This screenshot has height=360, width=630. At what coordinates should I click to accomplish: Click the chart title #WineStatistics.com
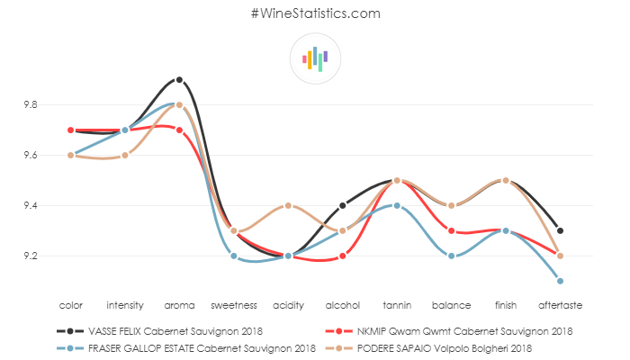pyautogui.click(x=315, y=13)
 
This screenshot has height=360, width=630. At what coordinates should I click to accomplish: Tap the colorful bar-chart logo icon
pyautogui.click(x=315, y=58)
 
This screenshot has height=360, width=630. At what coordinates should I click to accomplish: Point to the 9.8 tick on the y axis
pyautogui.click(x=31, y=105)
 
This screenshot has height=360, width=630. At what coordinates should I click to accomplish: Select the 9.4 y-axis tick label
pyautogui.click(x=31, y=206)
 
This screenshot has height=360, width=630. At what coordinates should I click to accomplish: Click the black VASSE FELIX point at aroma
pyautogui.click(x=179, y=79)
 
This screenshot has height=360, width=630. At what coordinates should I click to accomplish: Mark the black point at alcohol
pyautogui.click(x=342, y=206)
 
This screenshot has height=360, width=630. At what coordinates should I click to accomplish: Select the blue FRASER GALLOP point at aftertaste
pyautogui.click(x=560, y=281)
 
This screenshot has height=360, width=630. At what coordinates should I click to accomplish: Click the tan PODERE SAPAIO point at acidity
pyautogui.click(x=288, y=206)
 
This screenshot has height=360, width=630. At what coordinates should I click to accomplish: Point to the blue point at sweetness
pyautogui.click(x=234, y=256)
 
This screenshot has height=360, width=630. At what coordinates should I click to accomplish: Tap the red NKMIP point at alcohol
pyautogui.click(x=342, y=256)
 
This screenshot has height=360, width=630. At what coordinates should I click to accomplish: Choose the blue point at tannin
pyautogui.click(x=396, y=206)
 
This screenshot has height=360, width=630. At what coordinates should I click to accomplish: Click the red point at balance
pyautogui.click(x=451, y=230)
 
